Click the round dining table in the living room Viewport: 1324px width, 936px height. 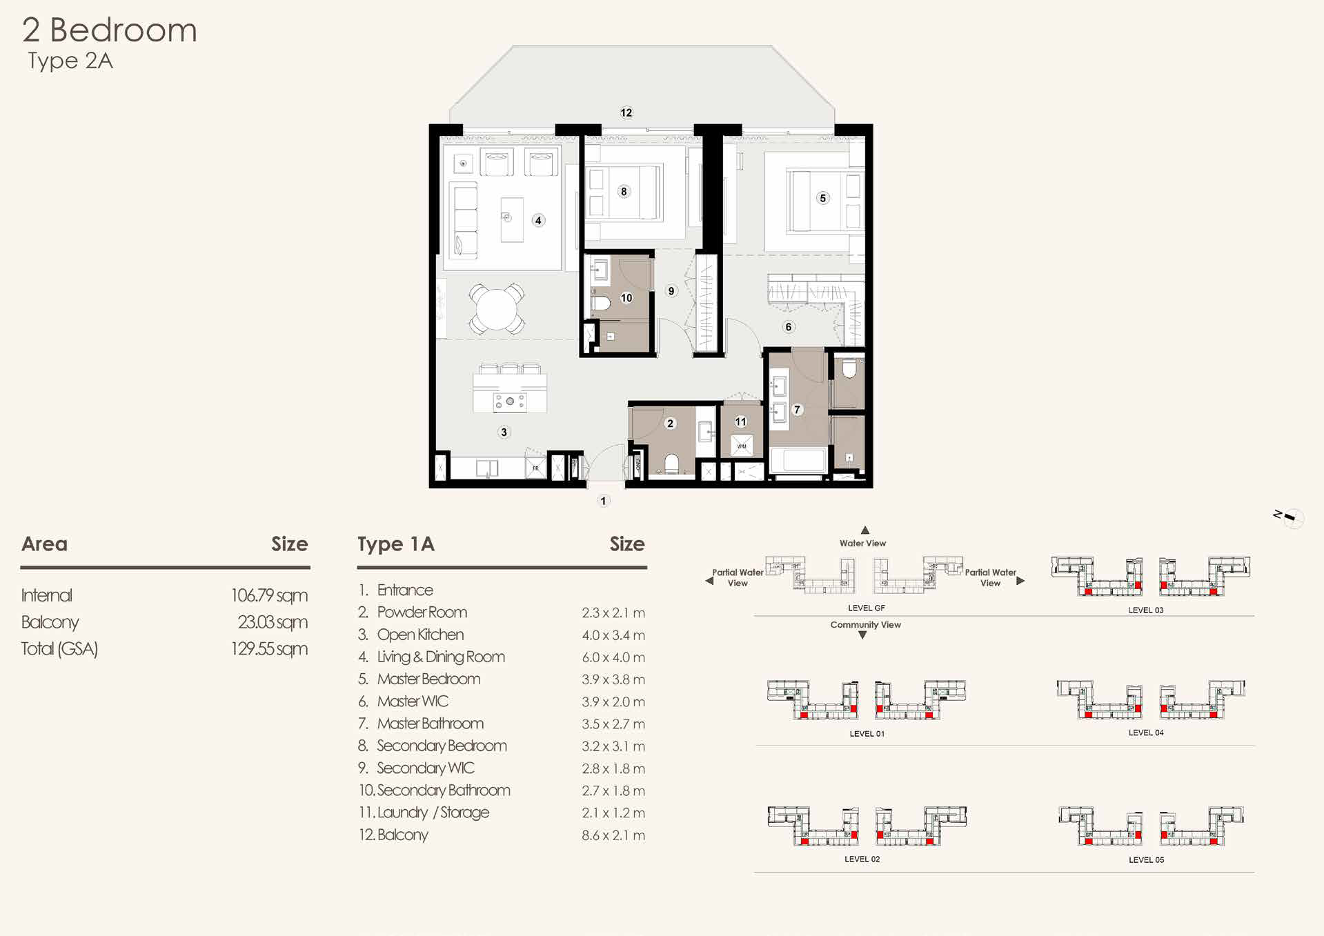[x=495, y=308]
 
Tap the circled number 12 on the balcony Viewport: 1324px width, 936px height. [x=626, y=112]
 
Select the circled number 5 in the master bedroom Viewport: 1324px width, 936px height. [x=822, y=198]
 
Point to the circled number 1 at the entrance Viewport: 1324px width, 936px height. [x=604, y=501]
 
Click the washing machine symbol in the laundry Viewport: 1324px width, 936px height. [x=742, y=446]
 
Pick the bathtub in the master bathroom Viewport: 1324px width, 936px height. [x=799, y=461]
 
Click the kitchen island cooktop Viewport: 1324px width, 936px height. [x=510, y=401]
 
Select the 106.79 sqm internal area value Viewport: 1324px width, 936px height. [x=269, y=595]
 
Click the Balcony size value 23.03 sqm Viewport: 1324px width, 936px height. [x=273, y=622]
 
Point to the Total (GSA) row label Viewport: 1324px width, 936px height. [x=59, y=649]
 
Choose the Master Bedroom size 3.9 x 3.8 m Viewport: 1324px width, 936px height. [x=613, y=679]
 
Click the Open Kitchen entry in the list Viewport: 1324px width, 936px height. [x=420, y=635]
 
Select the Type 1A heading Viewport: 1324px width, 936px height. [x=396, y=544]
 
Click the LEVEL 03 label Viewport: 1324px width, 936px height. [x=1146, y=610]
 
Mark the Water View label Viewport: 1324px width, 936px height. [x=862, y=544]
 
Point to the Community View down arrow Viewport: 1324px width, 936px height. [x=862, y=635]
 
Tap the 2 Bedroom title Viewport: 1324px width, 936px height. [x=110, y=30]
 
